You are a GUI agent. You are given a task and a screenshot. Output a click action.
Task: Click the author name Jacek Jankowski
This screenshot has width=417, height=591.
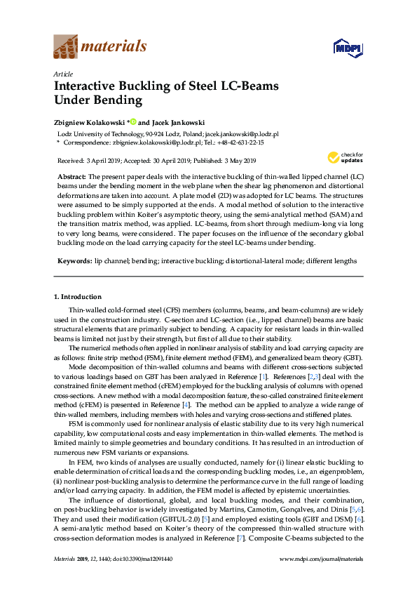[176, 122]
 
